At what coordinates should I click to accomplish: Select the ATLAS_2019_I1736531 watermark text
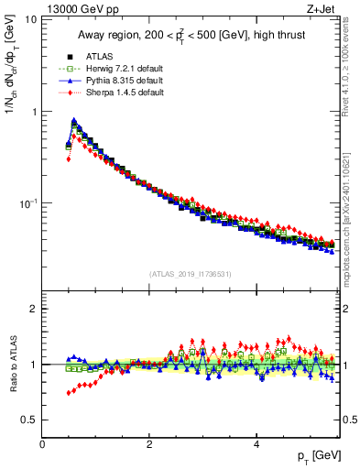tap(190, 274)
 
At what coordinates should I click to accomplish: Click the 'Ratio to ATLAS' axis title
tap(14, 364)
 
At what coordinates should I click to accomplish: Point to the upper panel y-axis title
tap(14, 101)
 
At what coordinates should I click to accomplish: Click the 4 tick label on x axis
tap(256, 443)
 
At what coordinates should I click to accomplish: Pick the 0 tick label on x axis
tap(43, 443)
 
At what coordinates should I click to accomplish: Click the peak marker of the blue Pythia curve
tap(73, 120)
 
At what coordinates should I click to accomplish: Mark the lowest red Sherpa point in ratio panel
tap(69, 393)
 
